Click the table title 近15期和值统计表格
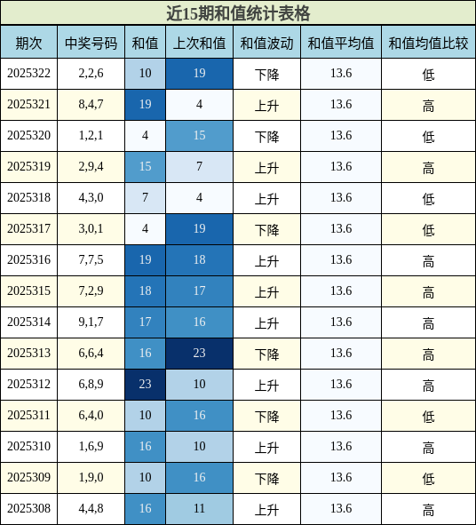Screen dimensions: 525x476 coord(238,13)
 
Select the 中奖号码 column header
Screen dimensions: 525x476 coord(91,43)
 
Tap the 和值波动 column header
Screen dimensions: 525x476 coord(266,43)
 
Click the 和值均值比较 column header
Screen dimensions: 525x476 coord(428,43)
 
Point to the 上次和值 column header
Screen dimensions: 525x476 coord(199,43)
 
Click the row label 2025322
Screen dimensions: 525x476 coord(28,74)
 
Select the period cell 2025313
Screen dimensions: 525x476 coord(28,354)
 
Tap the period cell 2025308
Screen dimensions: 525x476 coord(28,509)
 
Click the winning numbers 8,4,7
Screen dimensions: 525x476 coord(91,105)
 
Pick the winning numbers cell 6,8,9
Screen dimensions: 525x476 coord(91,385)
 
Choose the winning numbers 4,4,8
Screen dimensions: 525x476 coord(91,509)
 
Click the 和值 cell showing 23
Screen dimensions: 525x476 coord(145,385)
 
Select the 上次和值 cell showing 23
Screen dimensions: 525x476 coord(199,354)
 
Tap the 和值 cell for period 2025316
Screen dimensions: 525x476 coord(145,260)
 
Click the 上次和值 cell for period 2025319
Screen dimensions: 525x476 coord(199,167)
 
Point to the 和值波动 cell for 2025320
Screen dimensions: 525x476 coord(266,136)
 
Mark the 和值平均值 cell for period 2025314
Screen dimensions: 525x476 coord(341,322)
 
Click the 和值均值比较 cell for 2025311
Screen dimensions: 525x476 coord(428,416)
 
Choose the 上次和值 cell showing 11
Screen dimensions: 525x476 coord(199,509)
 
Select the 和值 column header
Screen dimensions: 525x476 coord(145,43)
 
